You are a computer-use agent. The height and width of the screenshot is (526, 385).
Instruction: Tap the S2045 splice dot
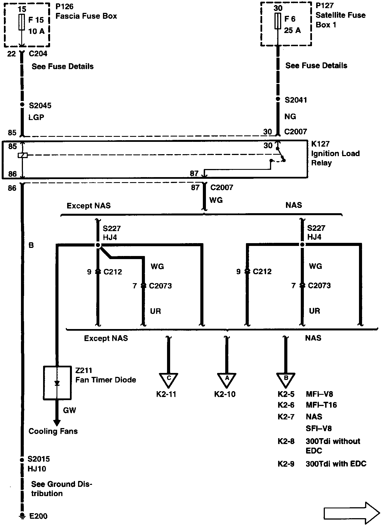click(22, 105)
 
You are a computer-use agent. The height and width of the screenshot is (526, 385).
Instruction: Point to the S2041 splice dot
click(278, 99)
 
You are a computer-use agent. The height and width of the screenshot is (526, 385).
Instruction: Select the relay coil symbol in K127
click(22, 155)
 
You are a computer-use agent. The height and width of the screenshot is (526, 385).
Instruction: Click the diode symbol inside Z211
click(57, 383)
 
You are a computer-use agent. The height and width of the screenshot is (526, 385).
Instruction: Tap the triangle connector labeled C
click(168, 380)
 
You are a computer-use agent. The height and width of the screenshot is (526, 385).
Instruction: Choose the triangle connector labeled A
click(227, 380)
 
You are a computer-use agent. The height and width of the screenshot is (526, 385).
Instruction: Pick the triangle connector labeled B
click(286, 380)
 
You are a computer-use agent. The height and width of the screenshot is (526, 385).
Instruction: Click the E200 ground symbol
click(22, 515)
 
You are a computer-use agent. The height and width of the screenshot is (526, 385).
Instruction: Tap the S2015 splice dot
click(22, 460)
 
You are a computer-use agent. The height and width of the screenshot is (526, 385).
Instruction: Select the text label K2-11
click(166, 394)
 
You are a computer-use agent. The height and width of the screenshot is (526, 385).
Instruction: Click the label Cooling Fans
click(53, 431)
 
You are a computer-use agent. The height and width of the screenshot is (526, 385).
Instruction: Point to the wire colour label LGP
click(36, 117)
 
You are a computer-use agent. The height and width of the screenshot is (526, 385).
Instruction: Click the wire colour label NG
click(290, 116)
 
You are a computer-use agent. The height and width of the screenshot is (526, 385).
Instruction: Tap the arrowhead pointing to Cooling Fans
click(57, 423)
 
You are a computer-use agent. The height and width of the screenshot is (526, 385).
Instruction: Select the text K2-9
click(286, 464)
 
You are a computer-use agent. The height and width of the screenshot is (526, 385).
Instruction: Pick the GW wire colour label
click(70, 410)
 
